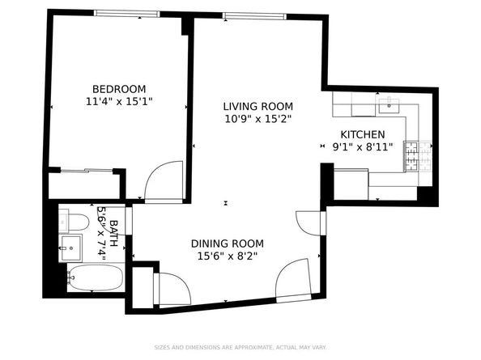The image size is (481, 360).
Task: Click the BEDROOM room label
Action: pos(118,89)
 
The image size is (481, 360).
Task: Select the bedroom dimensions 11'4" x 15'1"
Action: pos(118,102)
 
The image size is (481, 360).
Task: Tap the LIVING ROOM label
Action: pos(258,106)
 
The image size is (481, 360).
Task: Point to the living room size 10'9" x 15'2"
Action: pos(258,119)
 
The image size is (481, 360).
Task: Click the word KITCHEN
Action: pos(362,134)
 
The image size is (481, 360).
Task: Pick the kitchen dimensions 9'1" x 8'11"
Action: pos(362,147)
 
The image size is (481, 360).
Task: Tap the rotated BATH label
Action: pos(114,233)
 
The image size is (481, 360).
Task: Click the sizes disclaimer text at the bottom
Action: pos(240,345)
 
